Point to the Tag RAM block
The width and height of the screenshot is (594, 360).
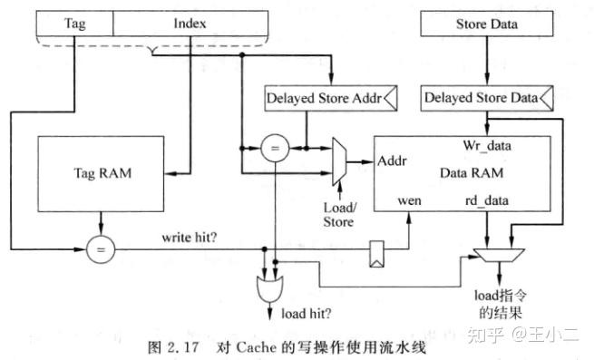point(102,172)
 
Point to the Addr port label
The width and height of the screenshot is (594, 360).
point(393,161)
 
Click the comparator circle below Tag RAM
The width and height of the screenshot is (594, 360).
point(102,249)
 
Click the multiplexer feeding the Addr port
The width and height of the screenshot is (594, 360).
point(341,161)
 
